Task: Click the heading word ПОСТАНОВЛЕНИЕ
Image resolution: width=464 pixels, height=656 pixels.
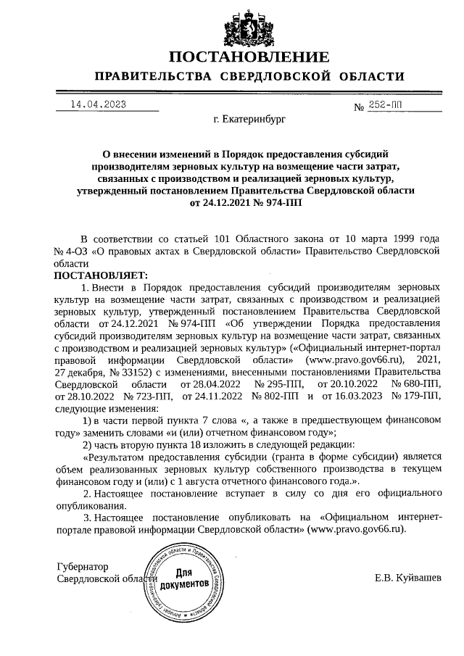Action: (249, 57)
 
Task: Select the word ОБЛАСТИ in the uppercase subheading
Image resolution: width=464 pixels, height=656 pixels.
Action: (368, 77)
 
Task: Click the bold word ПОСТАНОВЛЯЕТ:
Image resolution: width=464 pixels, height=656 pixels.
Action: (100, 275)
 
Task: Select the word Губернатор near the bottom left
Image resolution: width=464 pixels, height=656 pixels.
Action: (82, 565)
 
